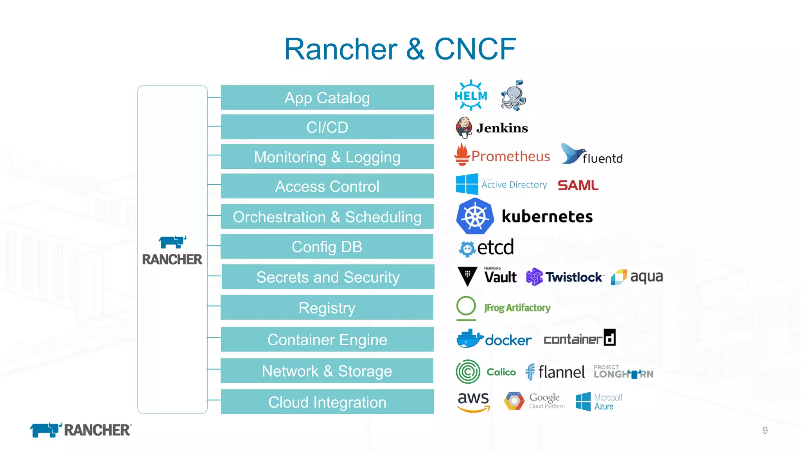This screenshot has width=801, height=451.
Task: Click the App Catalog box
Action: [327, 97]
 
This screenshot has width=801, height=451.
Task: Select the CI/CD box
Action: [327, 127]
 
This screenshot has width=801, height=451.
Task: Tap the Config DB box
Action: [327, 247]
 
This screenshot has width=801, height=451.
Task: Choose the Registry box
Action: [327, 308]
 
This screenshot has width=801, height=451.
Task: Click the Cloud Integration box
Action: [327, 402]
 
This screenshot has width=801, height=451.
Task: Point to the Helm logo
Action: [471, 96]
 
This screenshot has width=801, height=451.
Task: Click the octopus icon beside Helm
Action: [513, 96]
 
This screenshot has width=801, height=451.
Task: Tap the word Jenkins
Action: [502, 128]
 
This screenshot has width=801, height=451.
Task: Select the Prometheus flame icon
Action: [462, 155]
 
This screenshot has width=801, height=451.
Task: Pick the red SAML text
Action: [578, 185]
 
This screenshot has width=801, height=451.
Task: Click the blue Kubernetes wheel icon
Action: [474, 216]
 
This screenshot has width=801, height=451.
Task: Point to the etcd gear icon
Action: [467, 249]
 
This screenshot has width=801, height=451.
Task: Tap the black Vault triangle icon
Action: [467, 276]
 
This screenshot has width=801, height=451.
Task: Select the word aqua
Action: [646, 277]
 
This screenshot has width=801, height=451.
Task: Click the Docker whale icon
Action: [469, 339]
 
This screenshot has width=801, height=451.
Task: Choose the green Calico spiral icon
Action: [468, 372]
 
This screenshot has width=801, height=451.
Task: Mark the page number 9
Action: [765, 430]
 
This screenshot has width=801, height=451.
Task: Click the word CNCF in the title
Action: [475, 49]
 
